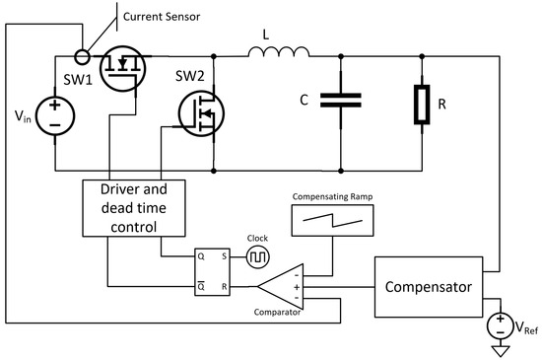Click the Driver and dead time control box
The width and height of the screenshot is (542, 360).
click(x=134, y=208)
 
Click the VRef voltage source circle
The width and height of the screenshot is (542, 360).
click(x=502, y=324)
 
